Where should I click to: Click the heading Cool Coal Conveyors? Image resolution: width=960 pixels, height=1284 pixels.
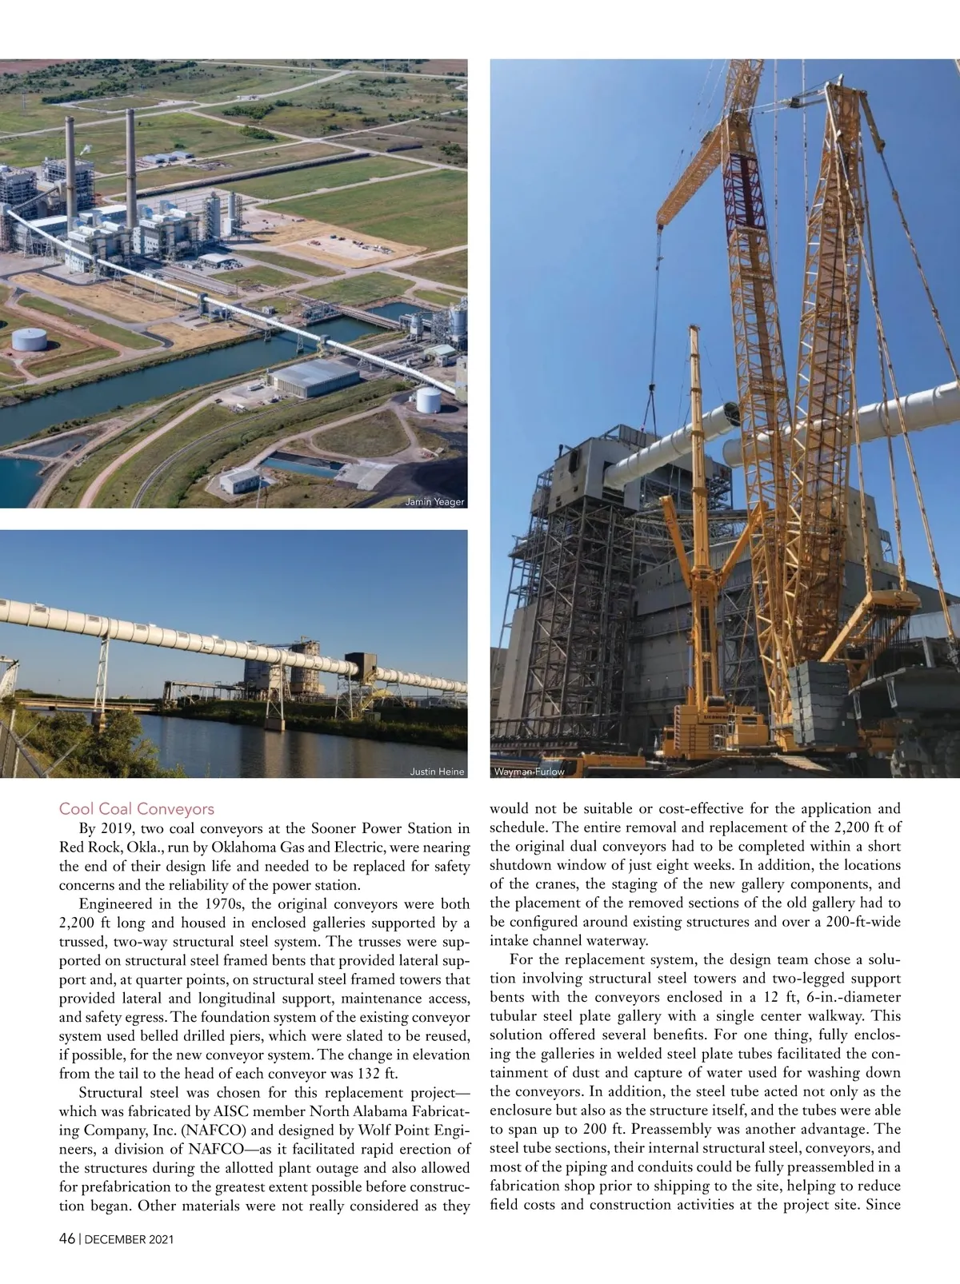(x=137, y=809)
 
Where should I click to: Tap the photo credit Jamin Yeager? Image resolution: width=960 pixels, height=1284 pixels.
(x=435, y=502)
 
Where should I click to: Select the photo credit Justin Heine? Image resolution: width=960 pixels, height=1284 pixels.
(x=437, y=772)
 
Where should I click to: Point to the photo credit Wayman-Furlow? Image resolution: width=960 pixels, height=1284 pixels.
(x=530, y=772)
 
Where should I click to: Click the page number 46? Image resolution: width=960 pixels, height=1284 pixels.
(x=67, y=1239)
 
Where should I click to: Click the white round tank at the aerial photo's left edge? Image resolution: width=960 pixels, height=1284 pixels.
(x=29, y=339)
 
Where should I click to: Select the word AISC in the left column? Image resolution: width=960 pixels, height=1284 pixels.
(x=242, y=1111)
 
